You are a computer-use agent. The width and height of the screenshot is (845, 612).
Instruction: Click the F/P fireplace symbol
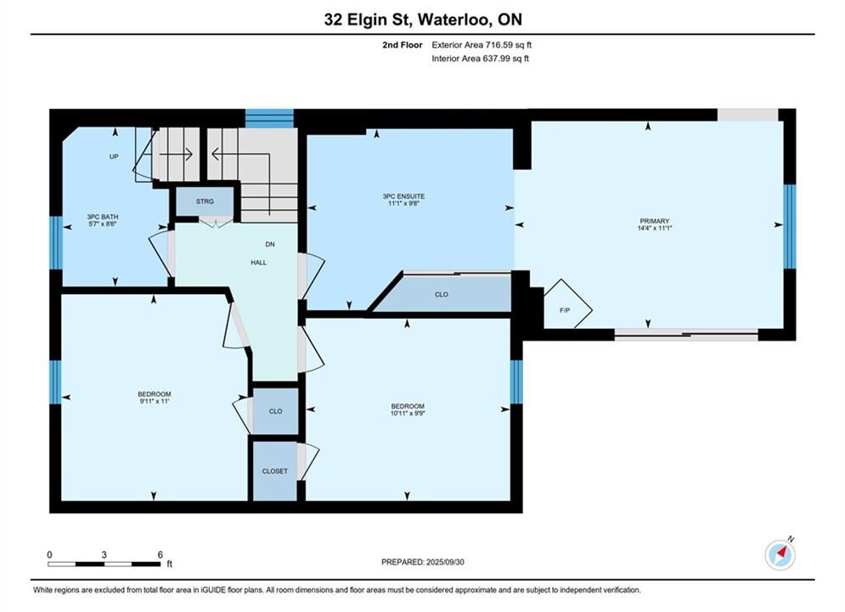pos(567,304)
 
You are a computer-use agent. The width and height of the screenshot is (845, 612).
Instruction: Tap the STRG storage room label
pos(205,201)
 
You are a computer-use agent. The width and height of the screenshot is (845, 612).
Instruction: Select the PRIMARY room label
pos(654,220)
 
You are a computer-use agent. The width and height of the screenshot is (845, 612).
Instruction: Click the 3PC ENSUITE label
pos(403,196)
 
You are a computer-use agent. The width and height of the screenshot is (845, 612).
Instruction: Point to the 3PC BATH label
pos(103,217)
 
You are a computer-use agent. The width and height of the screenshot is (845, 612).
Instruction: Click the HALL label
pos(259,263)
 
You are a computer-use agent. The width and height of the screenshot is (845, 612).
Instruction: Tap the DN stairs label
pos(270,244)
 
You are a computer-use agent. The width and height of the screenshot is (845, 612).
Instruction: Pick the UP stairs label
pos(114,156)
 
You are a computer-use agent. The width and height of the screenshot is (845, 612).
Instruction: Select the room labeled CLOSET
pos(275,471)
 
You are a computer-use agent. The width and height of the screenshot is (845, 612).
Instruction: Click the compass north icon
pos(780,554)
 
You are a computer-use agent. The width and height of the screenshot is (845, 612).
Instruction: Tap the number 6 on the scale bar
pos(160,554)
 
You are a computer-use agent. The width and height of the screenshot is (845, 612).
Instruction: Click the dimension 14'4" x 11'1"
pos(654,228)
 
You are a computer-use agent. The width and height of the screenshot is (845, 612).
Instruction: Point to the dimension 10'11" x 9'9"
pos(408,413)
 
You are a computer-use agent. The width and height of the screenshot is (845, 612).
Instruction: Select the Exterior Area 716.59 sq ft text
pos(482,45)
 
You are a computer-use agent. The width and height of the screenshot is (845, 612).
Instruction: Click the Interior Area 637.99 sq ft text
pos(480,59)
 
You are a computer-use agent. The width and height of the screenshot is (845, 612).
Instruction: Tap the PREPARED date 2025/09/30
pos(445,562)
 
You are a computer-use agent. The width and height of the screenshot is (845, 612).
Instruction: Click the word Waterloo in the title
pos(453,20)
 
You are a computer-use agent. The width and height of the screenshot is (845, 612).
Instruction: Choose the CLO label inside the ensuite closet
pos(442,294)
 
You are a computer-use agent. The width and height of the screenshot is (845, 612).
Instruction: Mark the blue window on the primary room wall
pos(790,226)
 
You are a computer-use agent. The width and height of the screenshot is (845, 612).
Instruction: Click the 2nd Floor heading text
pos(403,45)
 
